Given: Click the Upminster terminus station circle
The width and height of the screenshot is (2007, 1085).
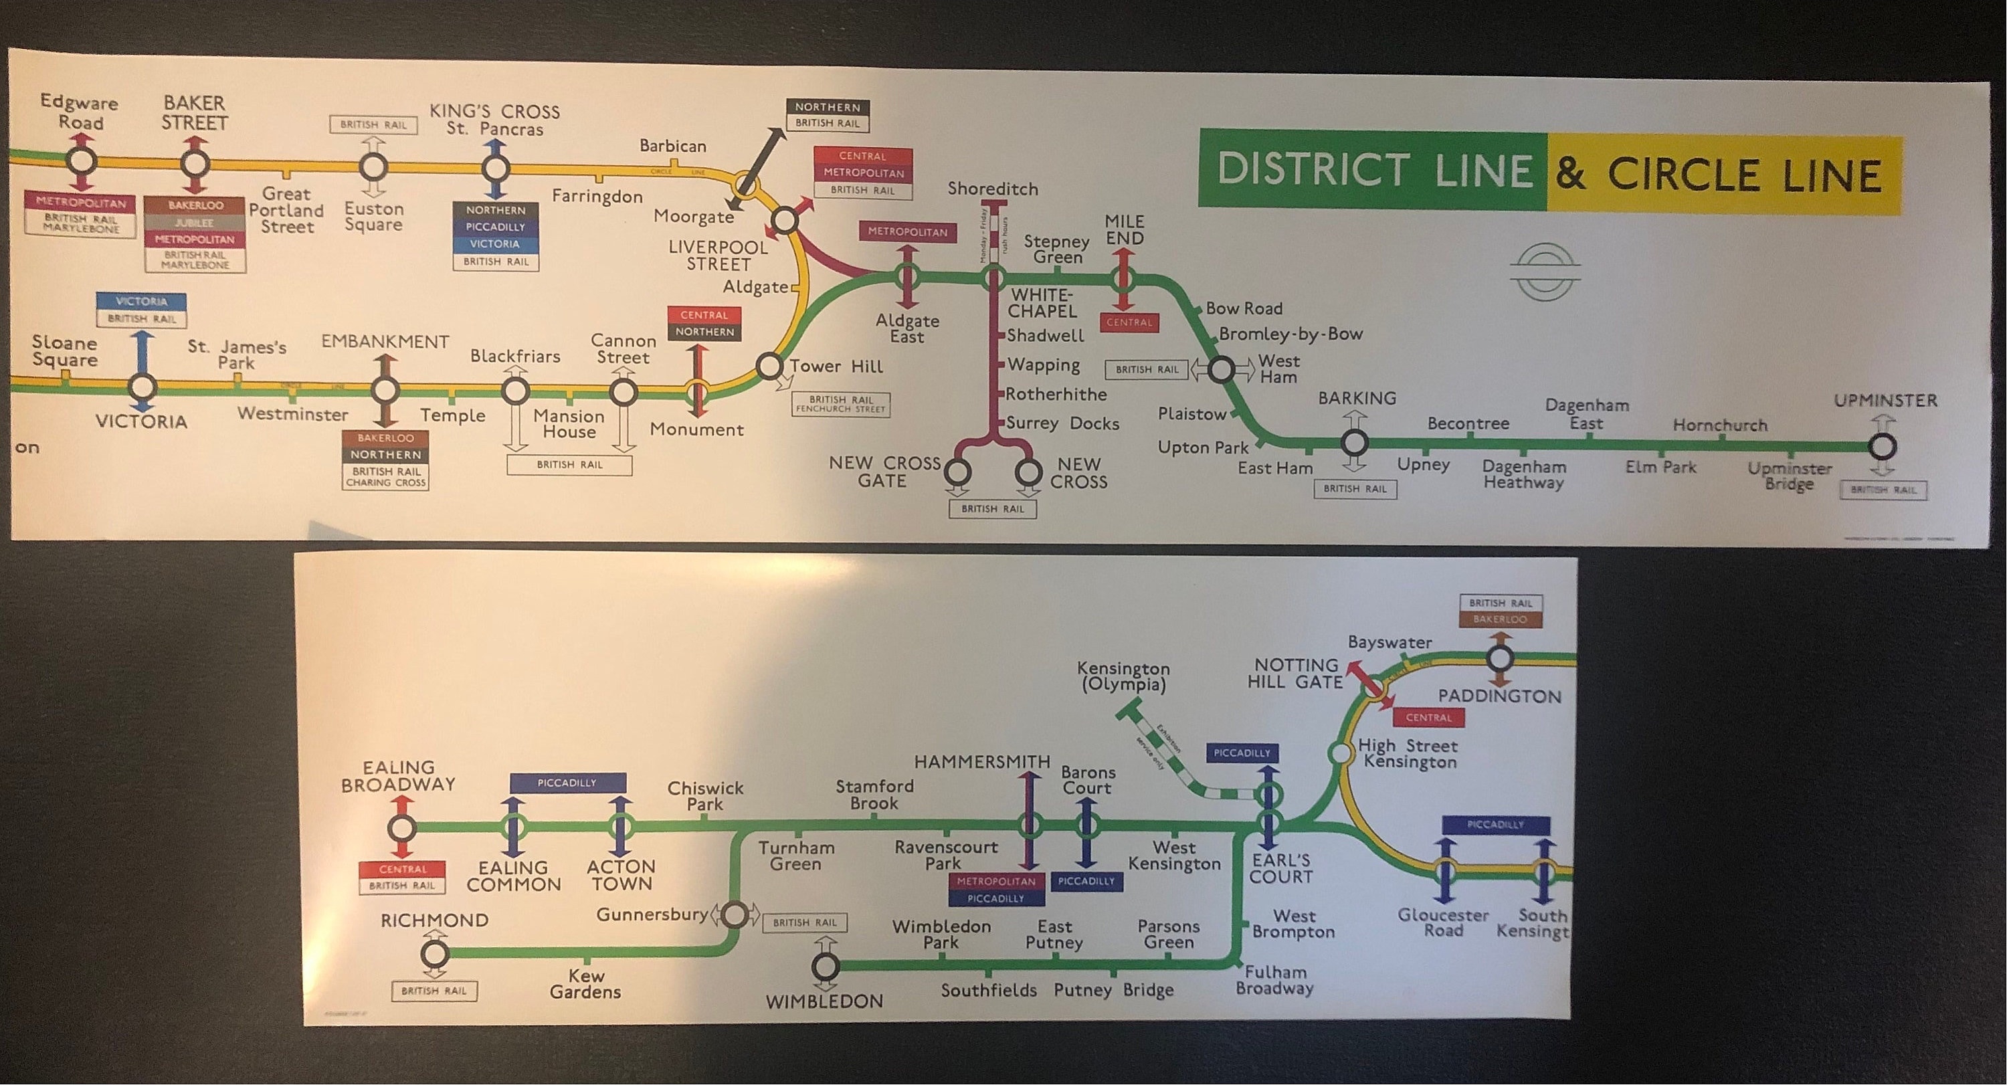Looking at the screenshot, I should coord(1883,447).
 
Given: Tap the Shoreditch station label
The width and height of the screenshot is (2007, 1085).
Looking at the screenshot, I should coord(993,189).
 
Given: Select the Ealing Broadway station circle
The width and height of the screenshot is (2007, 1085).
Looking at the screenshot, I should coord(401,827).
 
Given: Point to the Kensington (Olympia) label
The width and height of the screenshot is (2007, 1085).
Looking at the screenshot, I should coord(1123,676).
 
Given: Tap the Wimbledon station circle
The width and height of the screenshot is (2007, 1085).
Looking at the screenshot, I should coord(825,967).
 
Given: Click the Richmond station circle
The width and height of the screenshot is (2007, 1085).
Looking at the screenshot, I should coord(435,953).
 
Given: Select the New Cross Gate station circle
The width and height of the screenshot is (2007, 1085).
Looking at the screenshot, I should coord(957,471).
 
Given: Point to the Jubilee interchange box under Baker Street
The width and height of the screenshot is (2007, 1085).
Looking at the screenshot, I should coord(195,223).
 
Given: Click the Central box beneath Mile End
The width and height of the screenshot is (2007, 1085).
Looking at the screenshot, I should coord(1129,322).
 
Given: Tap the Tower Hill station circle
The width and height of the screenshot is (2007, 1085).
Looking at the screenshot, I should coord(769,366).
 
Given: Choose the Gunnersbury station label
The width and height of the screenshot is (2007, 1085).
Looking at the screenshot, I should coord(652,914).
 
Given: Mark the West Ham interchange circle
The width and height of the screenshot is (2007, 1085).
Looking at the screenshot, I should coord(1221,369).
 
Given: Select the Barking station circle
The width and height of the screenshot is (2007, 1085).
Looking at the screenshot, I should coord(1354,444).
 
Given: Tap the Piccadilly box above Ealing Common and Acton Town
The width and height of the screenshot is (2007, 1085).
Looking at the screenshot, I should coord(567,783).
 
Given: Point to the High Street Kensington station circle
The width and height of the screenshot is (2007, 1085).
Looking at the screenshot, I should coord(1340,753).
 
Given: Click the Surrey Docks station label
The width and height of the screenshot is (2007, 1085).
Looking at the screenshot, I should coord(1062,423).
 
